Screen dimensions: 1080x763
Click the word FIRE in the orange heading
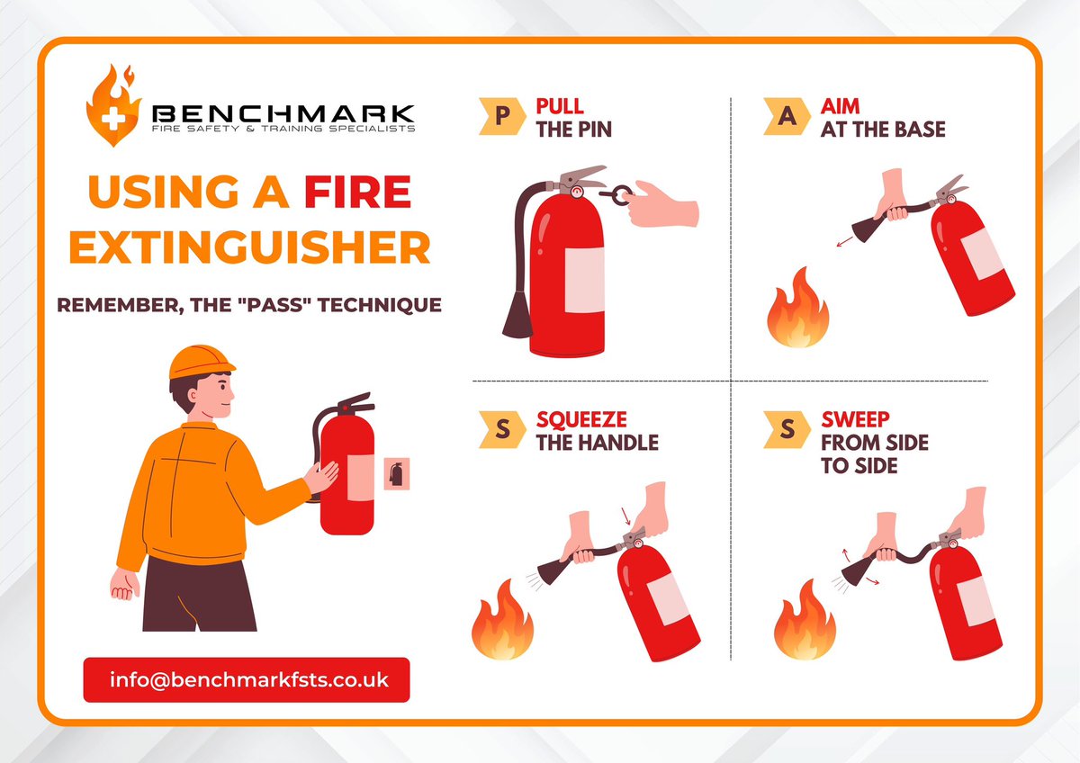tap(357, 192)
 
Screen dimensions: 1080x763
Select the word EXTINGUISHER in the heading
tap(250, 247)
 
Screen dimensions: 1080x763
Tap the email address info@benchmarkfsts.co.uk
tap(248, 679)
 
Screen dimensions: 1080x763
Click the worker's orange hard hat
tap(201, 362)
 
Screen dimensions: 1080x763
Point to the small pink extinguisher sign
tap(396, 474)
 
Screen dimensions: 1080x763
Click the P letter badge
tap(502, 116)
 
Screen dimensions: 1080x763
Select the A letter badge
tap(787, 116)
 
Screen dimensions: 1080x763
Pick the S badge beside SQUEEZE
tap(502, 429)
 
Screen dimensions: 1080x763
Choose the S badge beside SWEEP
tap(787, 429)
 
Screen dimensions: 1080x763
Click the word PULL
tap(560, 106)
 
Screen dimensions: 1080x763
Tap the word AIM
tap(840, 106)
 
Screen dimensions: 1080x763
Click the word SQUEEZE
tap(581, 420)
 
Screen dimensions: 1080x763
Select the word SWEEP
tap(855, 419)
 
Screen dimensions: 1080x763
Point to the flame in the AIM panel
tap(798, 309)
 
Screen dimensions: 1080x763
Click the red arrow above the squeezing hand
tap(625, 516)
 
